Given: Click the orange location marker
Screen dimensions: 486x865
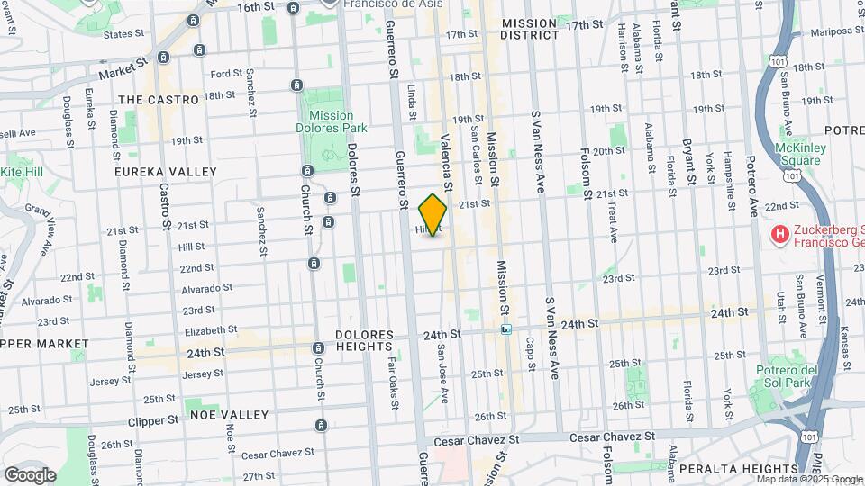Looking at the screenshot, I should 433,215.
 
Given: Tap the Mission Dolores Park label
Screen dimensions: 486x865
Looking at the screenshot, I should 331,122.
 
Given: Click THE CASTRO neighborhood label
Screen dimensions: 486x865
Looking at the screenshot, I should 158,100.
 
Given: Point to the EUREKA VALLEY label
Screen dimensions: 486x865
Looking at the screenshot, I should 166,171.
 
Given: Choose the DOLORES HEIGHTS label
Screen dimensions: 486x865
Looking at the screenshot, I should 377,339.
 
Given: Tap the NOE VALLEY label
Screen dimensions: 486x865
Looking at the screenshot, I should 230,415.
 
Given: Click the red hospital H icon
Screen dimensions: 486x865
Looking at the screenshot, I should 779,235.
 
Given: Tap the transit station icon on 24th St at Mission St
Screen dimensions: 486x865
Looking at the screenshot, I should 506,329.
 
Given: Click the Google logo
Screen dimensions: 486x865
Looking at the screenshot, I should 30,475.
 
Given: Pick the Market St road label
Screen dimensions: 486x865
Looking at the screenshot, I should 123,69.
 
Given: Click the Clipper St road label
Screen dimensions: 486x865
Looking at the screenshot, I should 153,420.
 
